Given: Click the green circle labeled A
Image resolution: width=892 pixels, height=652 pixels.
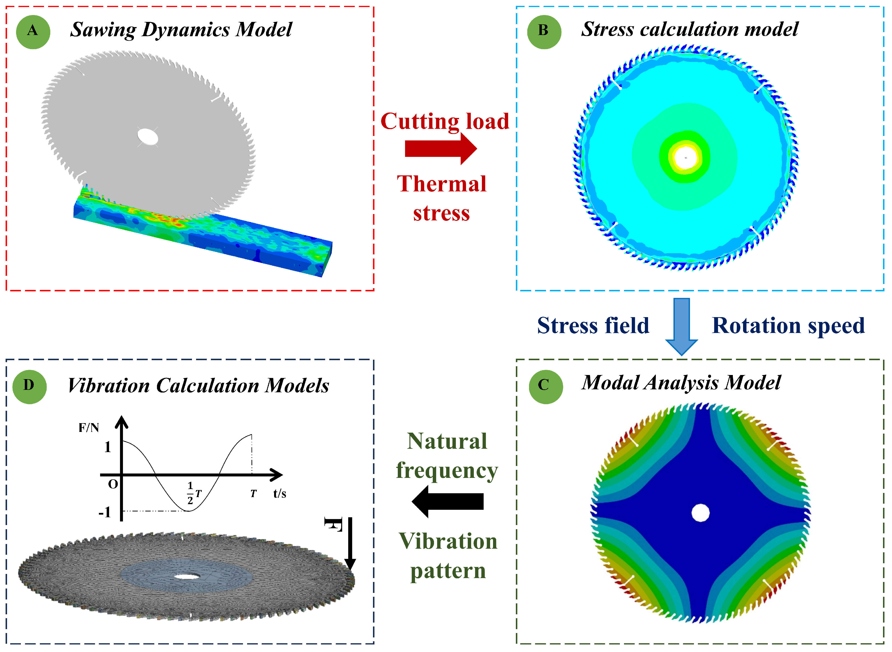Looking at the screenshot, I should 33,32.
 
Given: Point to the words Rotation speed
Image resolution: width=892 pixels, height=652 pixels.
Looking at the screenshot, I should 788,326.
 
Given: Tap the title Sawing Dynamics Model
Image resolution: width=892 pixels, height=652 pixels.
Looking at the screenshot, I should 181,30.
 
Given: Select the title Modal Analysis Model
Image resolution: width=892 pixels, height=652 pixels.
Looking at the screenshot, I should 681,383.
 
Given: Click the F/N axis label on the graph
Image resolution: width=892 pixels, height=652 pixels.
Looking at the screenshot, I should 89,428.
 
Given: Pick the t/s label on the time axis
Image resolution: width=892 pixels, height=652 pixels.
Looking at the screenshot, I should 280,493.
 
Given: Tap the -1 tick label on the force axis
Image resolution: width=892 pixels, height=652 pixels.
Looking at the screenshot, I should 104,512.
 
